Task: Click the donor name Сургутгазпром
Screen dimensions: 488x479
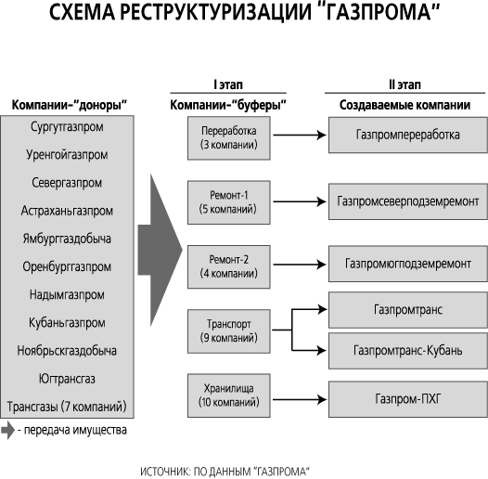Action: click(x=67, y=127)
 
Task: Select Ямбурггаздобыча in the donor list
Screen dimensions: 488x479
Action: click(x=67, y=239)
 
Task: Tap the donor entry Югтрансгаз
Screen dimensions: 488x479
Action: click(x=67, y=379)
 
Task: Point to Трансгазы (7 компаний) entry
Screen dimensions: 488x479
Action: click(x=67, y=407)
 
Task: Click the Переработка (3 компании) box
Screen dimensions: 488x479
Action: click(x=229, y=138)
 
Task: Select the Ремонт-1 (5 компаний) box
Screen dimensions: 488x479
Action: click(x=229, y=202)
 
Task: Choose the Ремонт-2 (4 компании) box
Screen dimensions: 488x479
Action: click(x=229, y=266)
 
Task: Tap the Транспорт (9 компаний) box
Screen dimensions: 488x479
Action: click(x=229, y=331)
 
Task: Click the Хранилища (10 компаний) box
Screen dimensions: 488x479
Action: click(x=229, y=395)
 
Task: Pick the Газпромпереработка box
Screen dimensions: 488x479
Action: click(x=408, y=135)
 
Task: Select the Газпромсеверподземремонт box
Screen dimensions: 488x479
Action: click(x=408, y=201)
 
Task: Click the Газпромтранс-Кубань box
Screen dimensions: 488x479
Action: click(x=408, y=351)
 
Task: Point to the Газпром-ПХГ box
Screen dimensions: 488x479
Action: click(x=408, y=399)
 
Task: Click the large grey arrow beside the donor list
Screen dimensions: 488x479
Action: click(x=159, y=250)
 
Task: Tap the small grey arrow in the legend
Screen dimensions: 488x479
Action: click(x=7, y=431)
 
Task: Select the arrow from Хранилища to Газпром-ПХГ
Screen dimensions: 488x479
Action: click(x=300, y=399)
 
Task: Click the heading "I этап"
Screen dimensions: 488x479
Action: click(x=228, y=84)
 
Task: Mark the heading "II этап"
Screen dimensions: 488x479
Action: click(x=405, y=84)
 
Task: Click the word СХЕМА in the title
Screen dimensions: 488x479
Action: click(x=82, y=12)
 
